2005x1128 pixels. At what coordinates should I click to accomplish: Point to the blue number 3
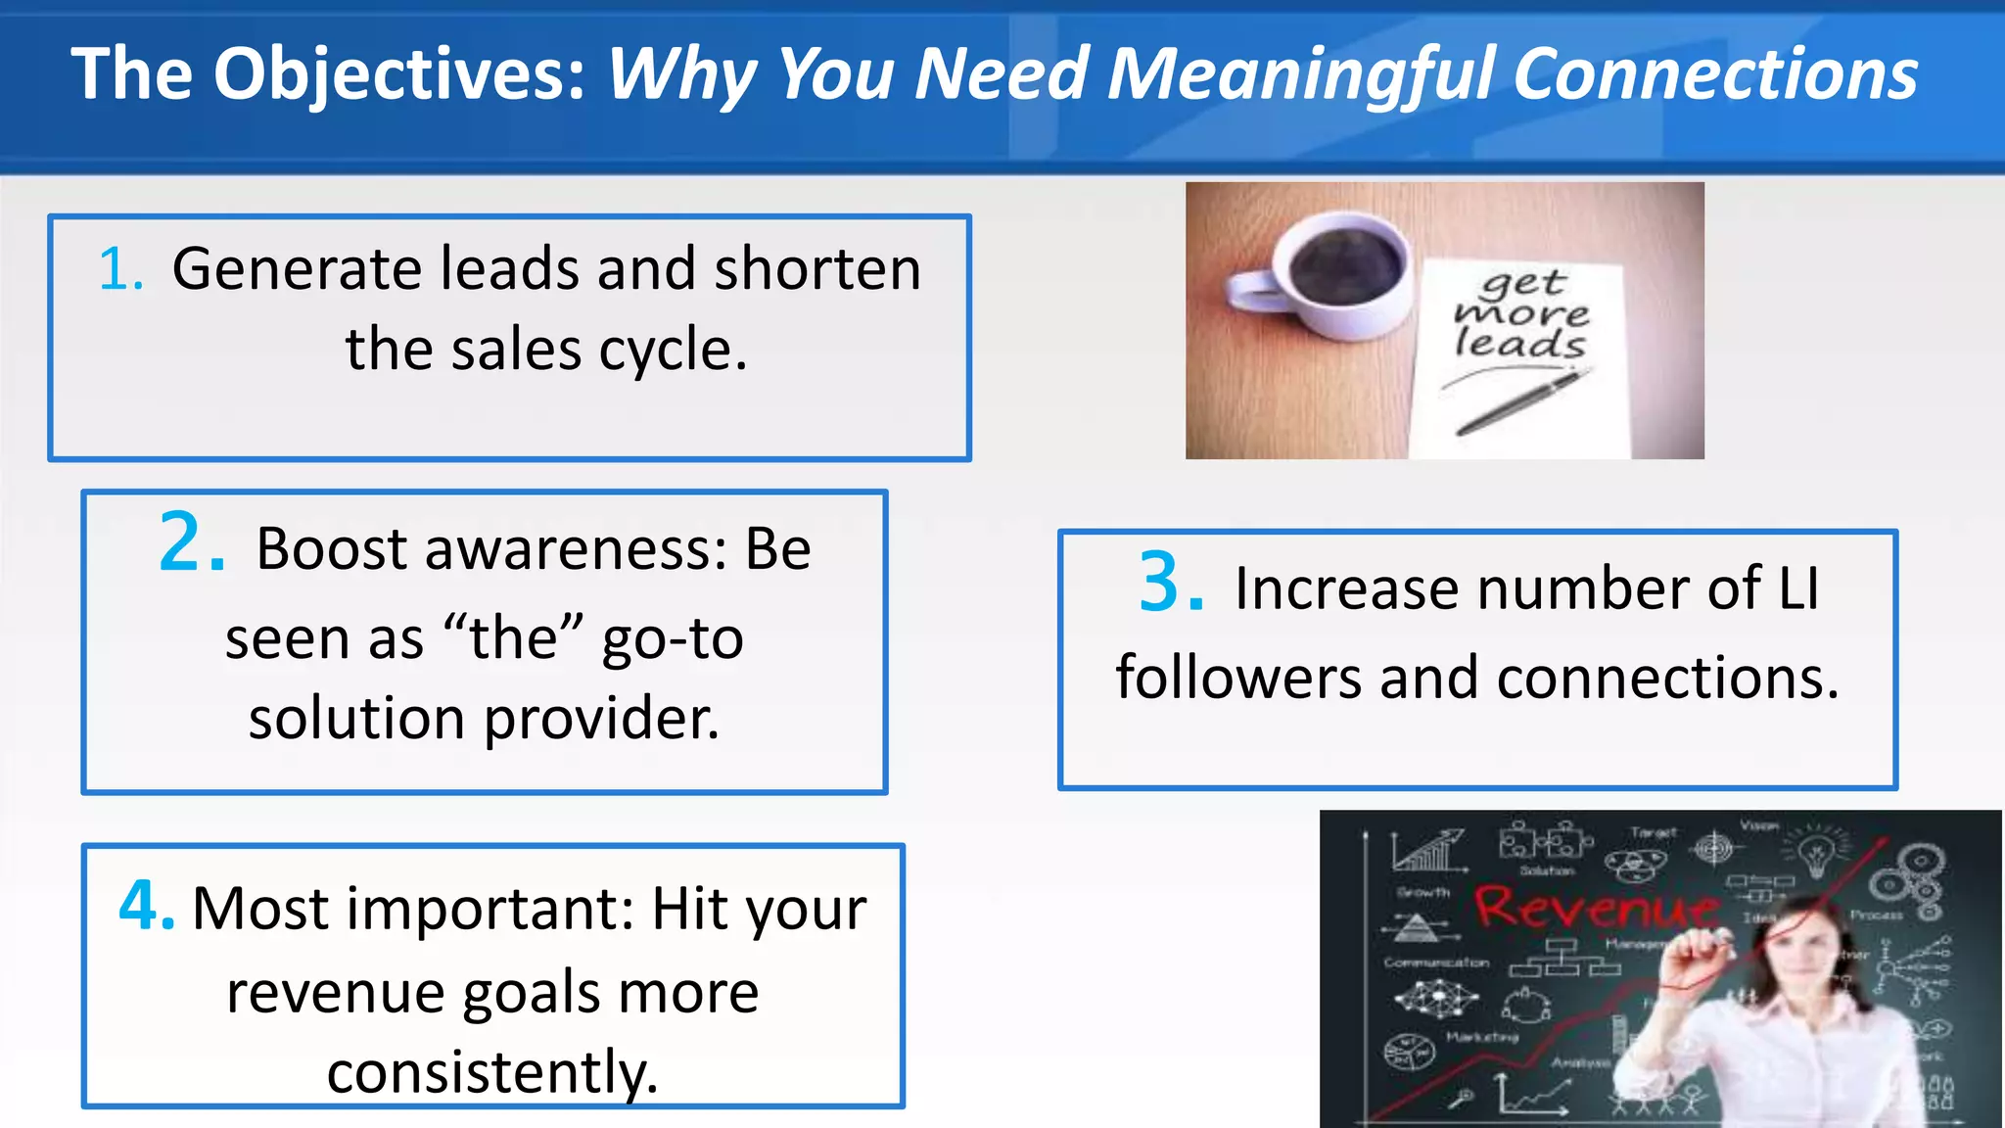1169,584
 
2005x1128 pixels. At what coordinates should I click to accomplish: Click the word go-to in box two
673,638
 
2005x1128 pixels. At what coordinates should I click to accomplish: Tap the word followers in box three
1237,678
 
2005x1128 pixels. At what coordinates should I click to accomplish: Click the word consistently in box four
492,1071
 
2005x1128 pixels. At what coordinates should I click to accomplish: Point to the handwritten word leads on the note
1519,344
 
